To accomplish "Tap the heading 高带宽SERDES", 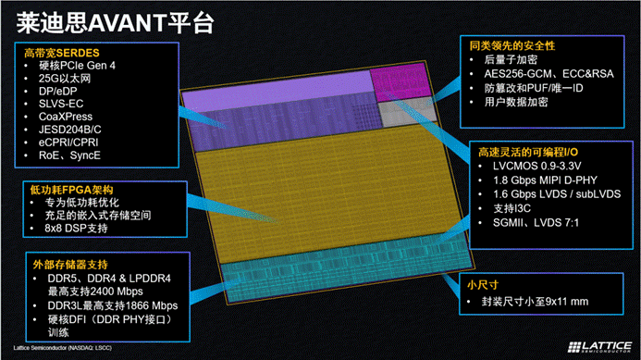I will (x=59, y=52).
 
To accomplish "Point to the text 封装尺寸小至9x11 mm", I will (x=530, y=302).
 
